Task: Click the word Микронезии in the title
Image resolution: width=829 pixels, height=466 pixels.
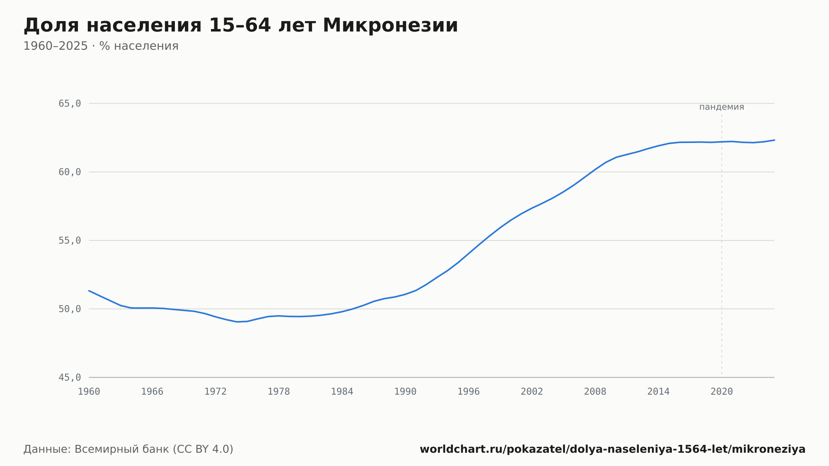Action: point(390,25)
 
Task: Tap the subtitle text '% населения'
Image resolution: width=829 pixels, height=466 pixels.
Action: point(139,46)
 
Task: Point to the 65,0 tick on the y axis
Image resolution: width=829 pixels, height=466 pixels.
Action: point(70,104)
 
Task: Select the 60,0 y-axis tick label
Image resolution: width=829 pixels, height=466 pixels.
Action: point(70,172)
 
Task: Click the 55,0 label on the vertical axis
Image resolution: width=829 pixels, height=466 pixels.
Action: point(70,240)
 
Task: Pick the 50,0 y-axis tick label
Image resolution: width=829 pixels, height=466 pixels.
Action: point(70,309)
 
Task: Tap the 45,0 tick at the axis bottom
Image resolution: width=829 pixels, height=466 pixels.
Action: point(70,377)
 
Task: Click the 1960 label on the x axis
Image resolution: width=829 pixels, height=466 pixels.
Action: point(89,392)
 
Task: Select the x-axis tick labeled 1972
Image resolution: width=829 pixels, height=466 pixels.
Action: point(216,392)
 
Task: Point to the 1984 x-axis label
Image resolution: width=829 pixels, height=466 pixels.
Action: point(342,392)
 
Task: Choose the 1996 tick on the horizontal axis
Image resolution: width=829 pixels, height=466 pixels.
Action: point(468,392)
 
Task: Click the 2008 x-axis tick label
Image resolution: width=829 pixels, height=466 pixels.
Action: point(595,392)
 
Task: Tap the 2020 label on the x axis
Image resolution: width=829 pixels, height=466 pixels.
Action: point(722,392)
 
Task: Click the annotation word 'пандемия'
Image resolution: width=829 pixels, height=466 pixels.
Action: point(722,107)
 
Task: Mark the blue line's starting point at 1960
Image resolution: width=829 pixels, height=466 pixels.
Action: point(89,291)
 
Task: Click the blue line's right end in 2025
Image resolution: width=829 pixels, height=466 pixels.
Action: point(774,140)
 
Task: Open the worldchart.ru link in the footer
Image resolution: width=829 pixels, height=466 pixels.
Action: point(613,449)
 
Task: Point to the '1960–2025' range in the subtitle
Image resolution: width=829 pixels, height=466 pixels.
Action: point(56,46)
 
